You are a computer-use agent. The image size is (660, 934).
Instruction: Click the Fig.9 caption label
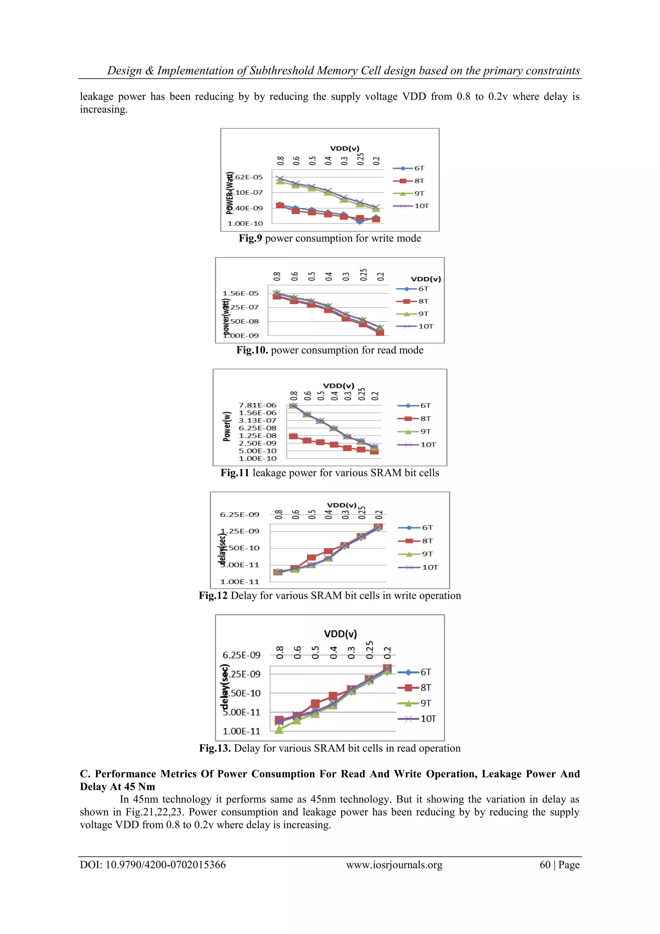coord(250,238)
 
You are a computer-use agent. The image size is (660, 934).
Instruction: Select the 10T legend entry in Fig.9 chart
coord(421,206)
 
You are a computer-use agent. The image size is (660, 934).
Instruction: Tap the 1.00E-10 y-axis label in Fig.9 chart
coord(245,223)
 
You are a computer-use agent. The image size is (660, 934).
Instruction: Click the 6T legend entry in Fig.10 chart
coord(423,289)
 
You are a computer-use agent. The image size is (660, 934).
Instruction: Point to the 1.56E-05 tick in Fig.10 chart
coord(240,293)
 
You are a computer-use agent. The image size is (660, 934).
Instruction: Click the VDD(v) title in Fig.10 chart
coord(426,279)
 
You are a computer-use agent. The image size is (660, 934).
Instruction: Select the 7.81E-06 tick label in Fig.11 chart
coord(257,405)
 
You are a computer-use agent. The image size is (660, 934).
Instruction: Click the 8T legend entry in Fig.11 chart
coord(425,418)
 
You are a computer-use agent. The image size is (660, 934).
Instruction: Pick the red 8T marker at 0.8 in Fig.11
coord(293,437)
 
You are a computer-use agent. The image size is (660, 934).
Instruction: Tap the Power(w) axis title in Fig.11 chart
coord(227,426)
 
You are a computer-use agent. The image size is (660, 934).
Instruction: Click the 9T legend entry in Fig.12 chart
coord(427,554)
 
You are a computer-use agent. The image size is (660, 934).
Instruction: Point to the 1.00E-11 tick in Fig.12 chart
coord(239,582)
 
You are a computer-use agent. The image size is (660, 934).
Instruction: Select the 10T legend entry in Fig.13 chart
coord(428,719)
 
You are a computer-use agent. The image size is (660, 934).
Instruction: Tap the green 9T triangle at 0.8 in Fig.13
coord(279,729)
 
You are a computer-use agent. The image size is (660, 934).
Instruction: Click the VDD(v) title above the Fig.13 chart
coord(340,634)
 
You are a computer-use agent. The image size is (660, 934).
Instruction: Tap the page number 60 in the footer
coord(545,865)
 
